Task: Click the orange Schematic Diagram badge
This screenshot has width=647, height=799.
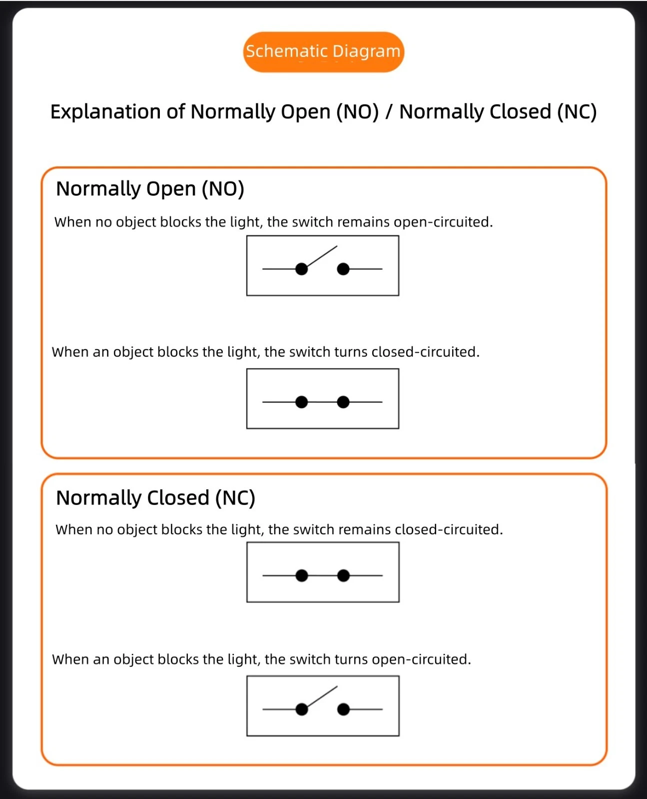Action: tap(324, 52)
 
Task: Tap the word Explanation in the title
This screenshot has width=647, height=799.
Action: tap(106, 112)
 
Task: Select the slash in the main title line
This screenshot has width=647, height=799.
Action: tap(389, 112)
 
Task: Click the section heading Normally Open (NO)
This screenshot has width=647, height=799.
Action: tap(150, 189)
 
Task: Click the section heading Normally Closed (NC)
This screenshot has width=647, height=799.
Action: tap(155, 498)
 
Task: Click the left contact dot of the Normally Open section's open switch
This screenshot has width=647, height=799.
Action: tap(301, 269)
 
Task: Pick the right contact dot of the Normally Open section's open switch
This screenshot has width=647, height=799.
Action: tap(343, 269)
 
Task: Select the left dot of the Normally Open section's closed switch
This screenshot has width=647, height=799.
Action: tap(301, 402)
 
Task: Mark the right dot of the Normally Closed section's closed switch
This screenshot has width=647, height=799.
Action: tap(343, 575)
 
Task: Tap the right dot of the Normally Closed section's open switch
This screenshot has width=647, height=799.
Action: tap(343, 709)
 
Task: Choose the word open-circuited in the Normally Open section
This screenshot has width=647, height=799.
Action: tap(443, 222)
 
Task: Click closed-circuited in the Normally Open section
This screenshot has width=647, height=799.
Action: tap(426, 352)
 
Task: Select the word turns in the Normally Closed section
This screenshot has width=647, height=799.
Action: tap(351, 660)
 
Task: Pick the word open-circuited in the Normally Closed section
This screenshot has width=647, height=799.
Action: tap(422, 660)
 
